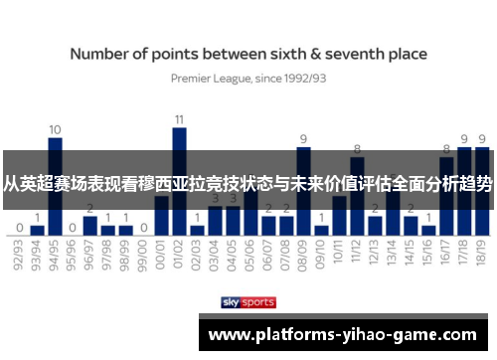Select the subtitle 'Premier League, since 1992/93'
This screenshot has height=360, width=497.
tap(249, 76)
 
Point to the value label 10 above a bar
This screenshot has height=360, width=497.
tap(56, 129)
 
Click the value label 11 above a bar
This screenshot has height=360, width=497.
tap(180, 119)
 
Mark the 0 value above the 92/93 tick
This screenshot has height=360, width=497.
tap(20, 227)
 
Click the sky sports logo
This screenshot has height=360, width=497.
tap(249, 301)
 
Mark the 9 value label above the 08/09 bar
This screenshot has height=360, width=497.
tap(304, 139)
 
